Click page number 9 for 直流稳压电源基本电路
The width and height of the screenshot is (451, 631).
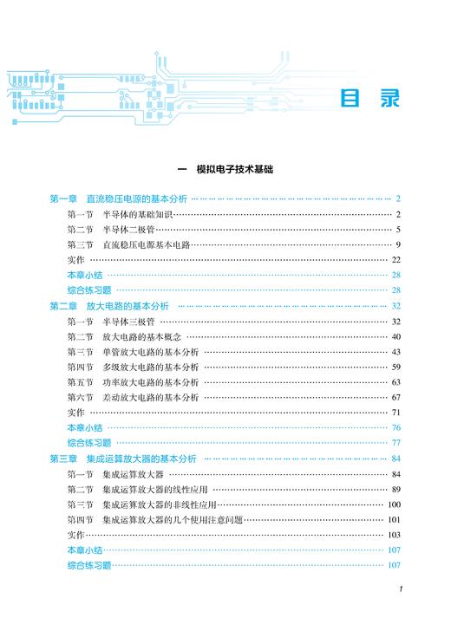(x=396, y=244)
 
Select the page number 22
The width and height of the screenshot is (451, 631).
(x=395, y=260)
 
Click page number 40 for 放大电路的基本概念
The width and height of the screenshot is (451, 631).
(x=395, y=336)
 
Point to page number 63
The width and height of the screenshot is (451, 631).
(x=395, y=382)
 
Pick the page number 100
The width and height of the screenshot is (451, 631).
(x=393, y=504)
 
